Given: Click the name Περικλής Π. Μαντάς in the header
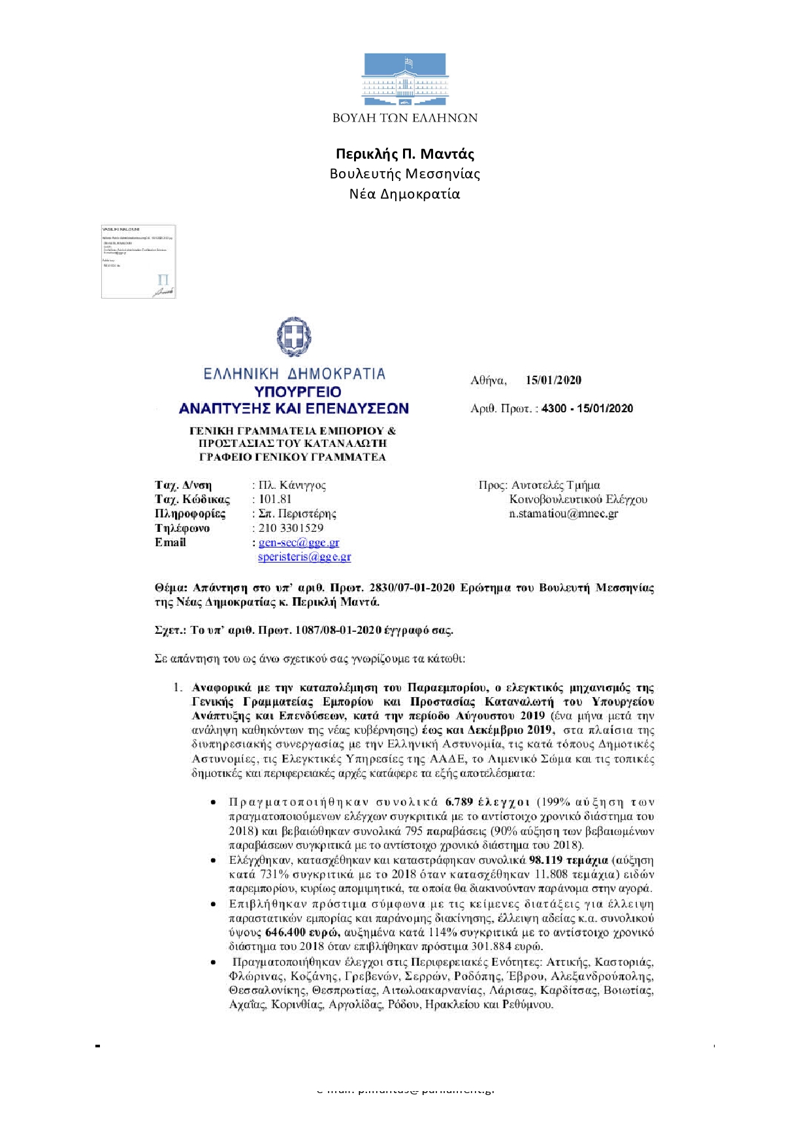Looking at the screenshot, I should (404, 154).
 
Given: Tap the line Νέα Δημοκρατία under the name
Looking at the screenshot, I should (404, 194).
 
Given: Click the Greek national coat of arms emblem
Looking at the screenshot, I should (294, 337).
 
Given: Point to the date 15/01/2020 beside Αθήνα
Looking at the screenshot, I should (553, 380).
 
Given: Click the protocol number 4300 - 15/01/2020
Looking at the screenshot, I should (587, 408).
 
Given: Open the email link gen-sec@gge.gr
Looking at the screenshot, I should (299, 542).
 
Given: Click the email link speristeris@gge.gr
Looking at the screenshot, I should (304, 557).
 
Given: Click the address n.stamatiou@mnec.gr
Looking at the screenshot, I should (563, 514).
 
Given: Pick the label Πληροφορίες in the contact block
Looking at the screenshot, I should (190, 514).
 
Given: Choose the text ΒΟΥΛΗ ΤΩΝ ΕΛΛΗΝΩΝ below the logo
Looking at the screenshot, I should (404, 118).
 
